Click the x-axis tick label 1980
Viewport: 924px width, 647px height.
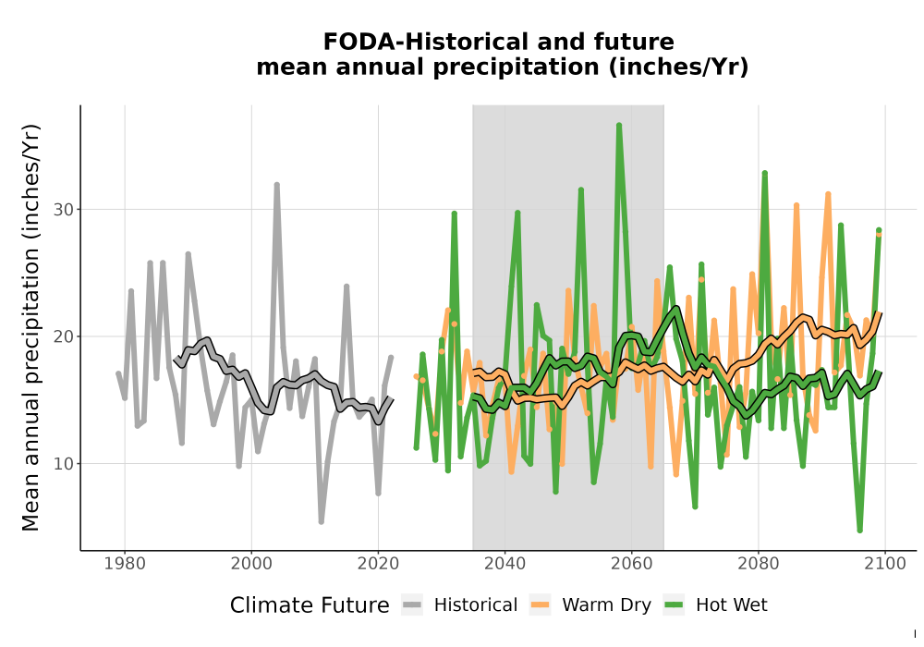pyautogui.click(x=125, y=564)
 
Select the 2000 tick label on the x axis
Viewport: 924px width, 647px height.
pyautogui.click(x=251, y=564)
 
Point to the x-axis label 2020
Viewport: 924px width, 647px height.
pyautogui.click(x=378, y=564)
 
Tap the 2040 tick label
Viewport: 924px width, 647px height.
pyautogui.click(x=505, y=564)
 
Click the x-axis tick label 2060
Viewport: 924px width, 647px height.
pyautogui.click(x=632, y=564)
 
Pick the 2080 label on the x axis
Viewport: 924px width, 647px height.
pyautogui.click(x=759, y=564)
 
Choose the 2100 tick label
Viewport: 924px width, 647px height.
pyautogui.click(x=885, y=564)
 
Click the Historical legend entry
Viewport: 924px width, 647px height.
pyautogui.click(x=459, y=605)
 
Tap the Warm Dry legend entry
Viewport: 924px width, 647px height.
pyautogui.click(x=590, y=605)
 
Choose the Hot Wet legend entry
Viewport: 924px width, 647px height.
pyautogui.click(x=716, y=605)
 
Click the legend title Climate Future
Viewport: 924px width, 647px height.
pyautogui.click(x=310, y=605)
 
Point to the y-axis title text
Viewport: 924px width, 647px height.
pyautogui.click(x=30, y=327)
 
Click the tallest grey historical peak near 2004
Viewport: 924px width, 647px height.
pyautogui.click(x=276, y=185)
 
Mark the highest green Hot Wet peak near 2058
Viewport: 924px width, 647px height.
pyautogui.click(x=619, y=126)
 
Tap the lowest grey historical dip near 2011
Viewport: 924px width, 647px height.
pyautogui.click(x=322, y=521)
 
